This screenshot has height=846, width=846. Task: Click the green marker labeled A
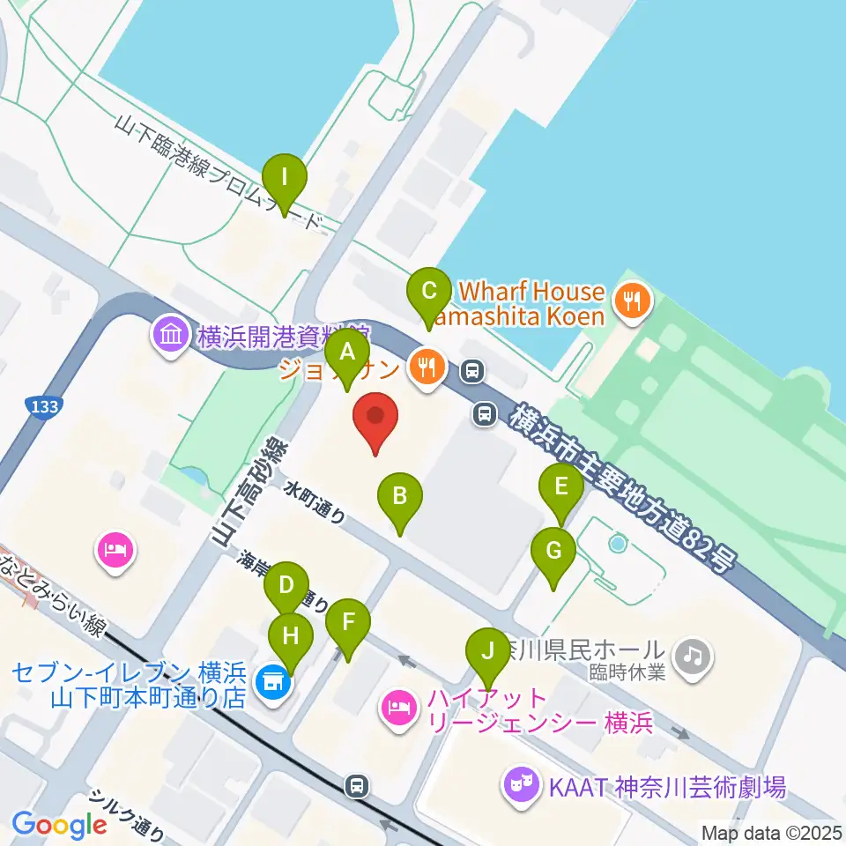tap(347, 353)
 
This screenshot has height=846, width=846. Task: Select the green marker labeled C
tap(429, 290)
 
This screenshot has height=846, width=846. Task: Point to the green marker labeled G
tap(553, 552)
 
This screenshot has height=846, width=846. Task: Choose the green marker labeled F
tap(349, 622)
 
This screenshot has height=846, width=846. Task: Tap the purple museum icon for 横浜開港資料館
tap(169, 336)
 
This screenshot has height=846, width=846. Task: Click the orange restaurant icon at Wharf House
tap(632, 302)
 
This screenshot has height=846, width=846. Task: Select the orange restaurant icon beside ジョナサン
tap(428, 368)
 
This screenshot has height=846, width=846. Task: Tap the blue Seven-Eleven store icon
tap(271, 682)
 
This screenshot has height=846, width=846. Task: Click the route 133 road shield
tap(40, 406)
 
